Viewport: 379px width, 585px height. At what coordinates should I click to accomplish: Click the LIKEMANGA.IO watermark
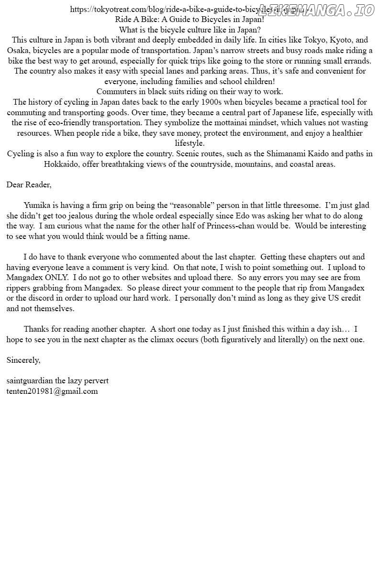click(316, 10)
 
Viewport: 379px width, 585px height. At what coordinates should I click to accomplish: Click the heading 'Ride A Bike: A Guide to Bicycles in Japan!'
click(189, 20)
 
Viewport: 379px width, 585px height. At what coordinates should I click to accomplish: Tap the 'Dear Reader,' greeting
click(29, 184)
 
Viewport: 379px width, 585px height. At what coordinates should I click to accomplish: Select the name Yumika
click(36, 206)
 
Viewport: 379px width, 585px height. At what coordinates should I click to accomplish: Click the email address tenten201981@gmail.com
click(52, 391)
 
